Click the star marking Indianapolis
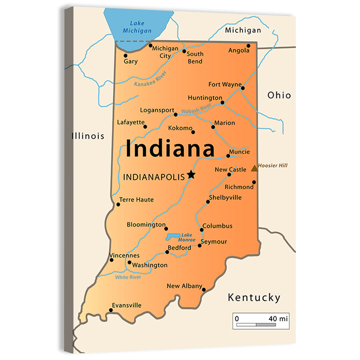tap(191, 175)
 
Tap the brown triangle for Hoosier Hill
tap(255, 168)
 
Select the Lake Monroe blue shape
tap(173, 237)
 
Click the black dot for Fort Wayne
tap(243, 88)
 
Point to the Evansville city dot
tap(111, 310)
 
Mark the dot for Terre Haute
tap(118, 204)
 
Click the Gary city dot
tap(125, 55)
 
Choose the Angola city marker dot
tap(248, 46)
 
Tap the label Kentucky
tap(254, 298)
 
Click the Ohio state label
tap(279, 95)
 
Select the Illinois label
tap(88, 136)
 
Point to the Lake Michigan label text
tap(137, 27)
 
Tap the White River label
tap(128, 277)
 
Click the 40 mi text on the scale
tap(278, 319)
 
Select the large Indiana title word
tap(170, 149)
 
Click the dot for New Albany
tap(204, 289)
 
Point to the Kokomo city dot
tap(193, 132)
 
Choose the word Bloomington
tap(146, 225)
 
